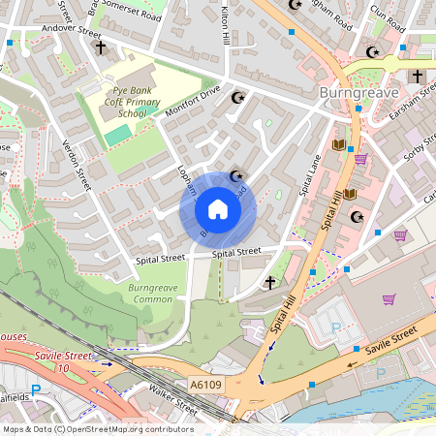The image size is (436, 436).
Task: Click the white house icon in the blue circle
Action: coord(217,209)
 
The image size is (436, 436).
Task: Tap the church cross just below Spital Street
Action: coord(270,283)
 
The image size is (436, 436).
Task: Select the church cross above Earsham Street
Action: coord(417,76)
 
